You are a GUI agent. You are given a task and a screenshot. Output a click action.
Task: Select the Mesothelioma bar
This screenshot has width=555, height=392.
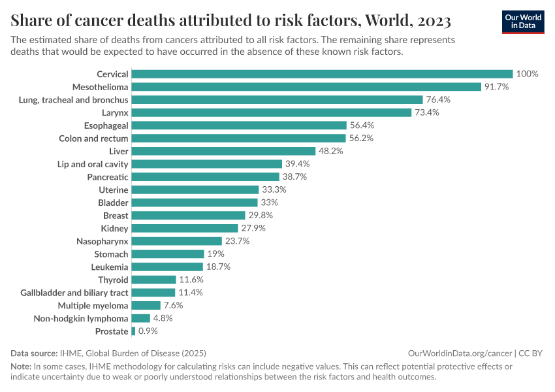[306, 87]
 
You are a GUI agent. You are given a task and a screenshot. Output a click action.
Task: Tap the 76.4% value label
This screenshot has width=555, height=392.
[439, 99]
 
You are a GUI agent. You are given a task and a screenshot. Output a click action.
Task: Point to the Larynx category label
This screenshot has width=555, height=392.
[114, 112]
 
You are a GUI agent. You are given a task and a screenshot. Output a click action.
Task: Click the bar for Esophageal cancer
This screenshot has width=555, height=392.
[239, 125]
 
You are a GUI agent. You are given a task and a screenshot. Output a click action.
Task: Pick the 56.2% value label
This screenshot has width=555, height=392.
[361, 138]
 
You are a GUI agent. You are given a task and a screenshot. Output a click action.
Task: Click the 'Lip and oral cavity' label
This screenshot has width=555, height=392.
[93, 164]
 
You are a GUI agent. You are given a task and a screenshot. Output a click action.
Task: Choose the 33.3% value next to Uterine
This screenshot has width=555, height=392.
[274, 189]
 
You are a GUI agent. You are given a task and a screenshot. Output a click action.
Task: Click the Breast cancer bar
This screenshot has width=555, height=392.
[188, 215]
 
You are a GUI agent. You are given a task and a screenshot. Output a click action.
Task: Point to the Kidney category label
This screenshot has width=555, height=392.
[115, 228]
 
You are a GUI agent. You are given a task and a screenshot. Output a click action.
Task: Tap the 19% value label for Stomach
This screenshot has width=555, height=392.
[215, 253]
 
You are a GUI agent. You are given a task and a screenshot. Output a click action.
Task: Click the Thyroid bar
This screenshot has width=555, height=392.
[153, 280]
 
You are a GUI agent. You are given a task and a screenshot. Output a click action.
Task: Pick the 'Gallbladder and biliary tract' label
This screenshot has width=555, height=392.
[74, 293]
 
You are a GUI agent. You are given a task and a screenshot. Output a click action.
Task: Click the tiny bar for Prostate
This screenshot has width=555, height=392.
[133, 331]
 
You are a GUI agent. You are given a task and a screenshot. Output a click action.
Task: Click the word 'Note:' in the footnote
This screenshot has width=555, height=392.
[21, 367]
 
